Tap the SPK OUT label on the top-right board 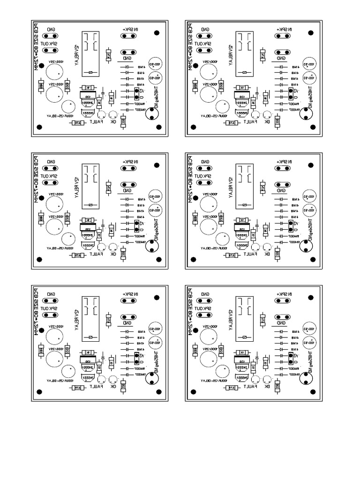point(203,43)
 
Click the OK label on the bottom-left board point(112,387)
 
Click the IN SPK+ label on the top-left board point(130,29)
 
